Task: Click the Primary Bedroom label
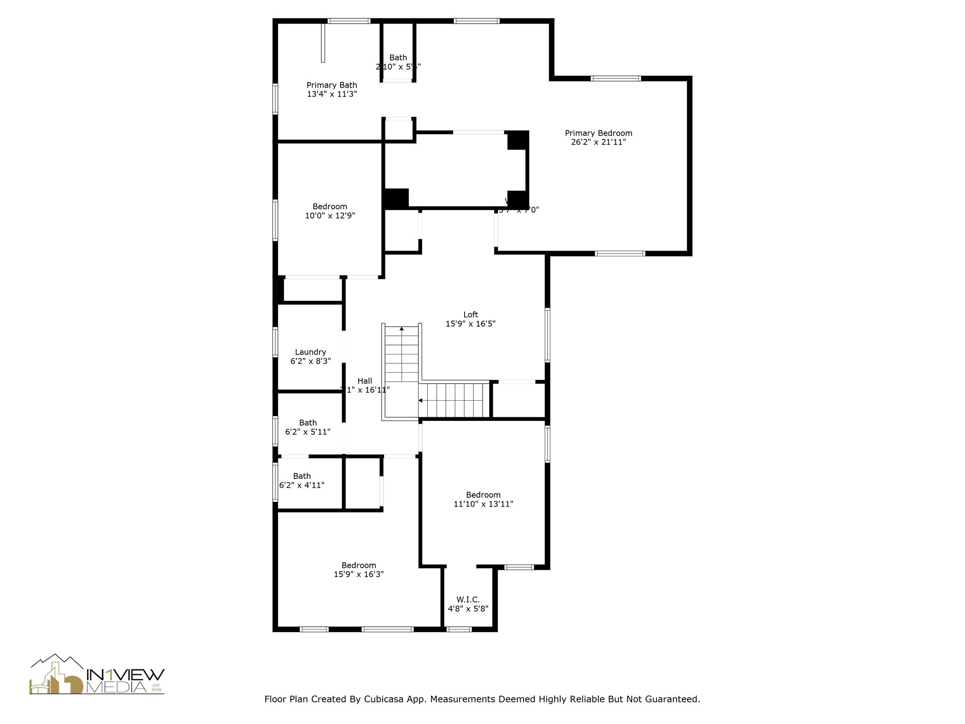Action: [598, 133]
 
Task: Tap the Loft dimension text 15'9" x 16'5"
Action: [470, 324]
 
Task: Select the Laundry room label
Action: [310, 352]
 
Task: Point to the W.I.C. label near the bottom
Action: [468, 600]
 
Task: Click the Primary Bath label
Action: [332, 85]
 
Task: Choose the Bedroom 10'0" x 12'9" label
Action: [330, 206]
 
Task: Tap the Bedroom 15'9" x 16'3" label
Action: [359, 565]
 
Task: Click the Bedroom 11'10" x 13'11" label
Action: [483, 495]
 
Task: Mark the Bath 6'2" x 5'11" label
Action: [308, 423]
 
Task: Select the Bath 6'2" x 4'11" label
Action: [302, 476]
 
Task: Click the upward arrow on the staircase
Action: [401, 328]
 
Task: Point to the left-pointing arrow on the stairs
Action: [420, 401]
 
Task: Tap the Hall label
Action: [364, 381]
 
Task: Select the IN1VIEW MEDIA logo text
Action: [125, 681]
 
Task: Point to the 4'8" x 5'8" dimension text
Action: [468, 609]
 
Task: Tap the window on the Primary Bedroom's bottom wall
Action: [620, 254]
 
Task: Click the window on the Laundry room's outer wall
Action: [275, 342]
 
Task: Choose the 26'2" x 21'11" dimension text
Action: [598, 142]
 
